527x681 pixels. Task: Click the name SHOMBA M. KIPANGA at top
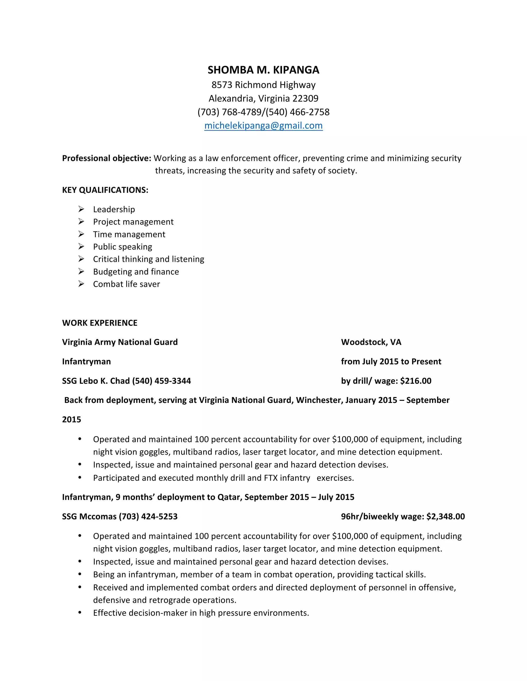point(263,70)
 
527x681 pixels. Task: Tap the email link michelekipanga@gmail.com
point(263,126)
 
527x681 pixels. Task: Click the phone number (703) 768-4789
point(230,112)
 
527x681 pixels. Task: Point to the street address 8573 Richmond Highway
point(263,85)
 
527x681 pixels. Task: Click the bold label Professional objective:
point(107,158)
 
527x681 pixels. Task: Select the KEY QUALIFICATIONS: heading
point(105,190)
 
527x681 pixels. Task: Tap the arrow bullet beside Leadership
point(81,209)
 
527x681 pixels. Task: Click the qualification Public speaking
point(122,247)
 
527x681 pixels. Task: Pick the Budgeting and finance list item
point(136,272)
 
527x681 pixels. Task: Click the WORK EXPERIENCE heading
point(100,323)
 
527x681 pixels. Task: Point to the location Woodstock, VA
point(371,342)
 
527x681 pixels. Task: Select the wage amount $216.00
point(416,381)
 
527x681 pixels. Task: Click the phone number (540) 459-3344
point(161,381)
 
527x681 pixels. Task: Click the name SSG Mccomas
point(89,517)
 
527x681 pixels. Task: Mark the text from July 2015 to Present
point(391,362)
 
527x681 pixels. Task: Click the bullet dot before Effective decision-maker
point(80,613)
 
